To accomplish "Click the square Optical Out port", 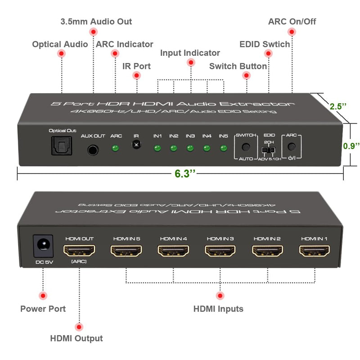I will (x=59, y=146).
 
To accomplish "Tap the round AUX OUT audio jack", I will (x=93, y=149).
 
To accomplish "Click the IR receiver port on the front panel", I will (x=136, y=145).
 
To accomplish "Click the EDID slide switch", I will (x=269, y=149).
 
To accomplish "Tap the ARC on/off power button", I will (x=291, y=147).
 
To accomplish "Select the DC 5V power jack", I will (x=43, y=246).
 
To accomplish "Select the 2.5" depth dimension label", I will (x=338, y=107).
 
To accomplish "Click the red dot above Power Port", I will (x=43, y=296).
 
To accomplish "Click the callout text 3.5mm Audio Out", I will (x=96, y=22).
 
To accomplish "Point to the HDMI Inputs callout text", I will (x=218, y=309).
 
